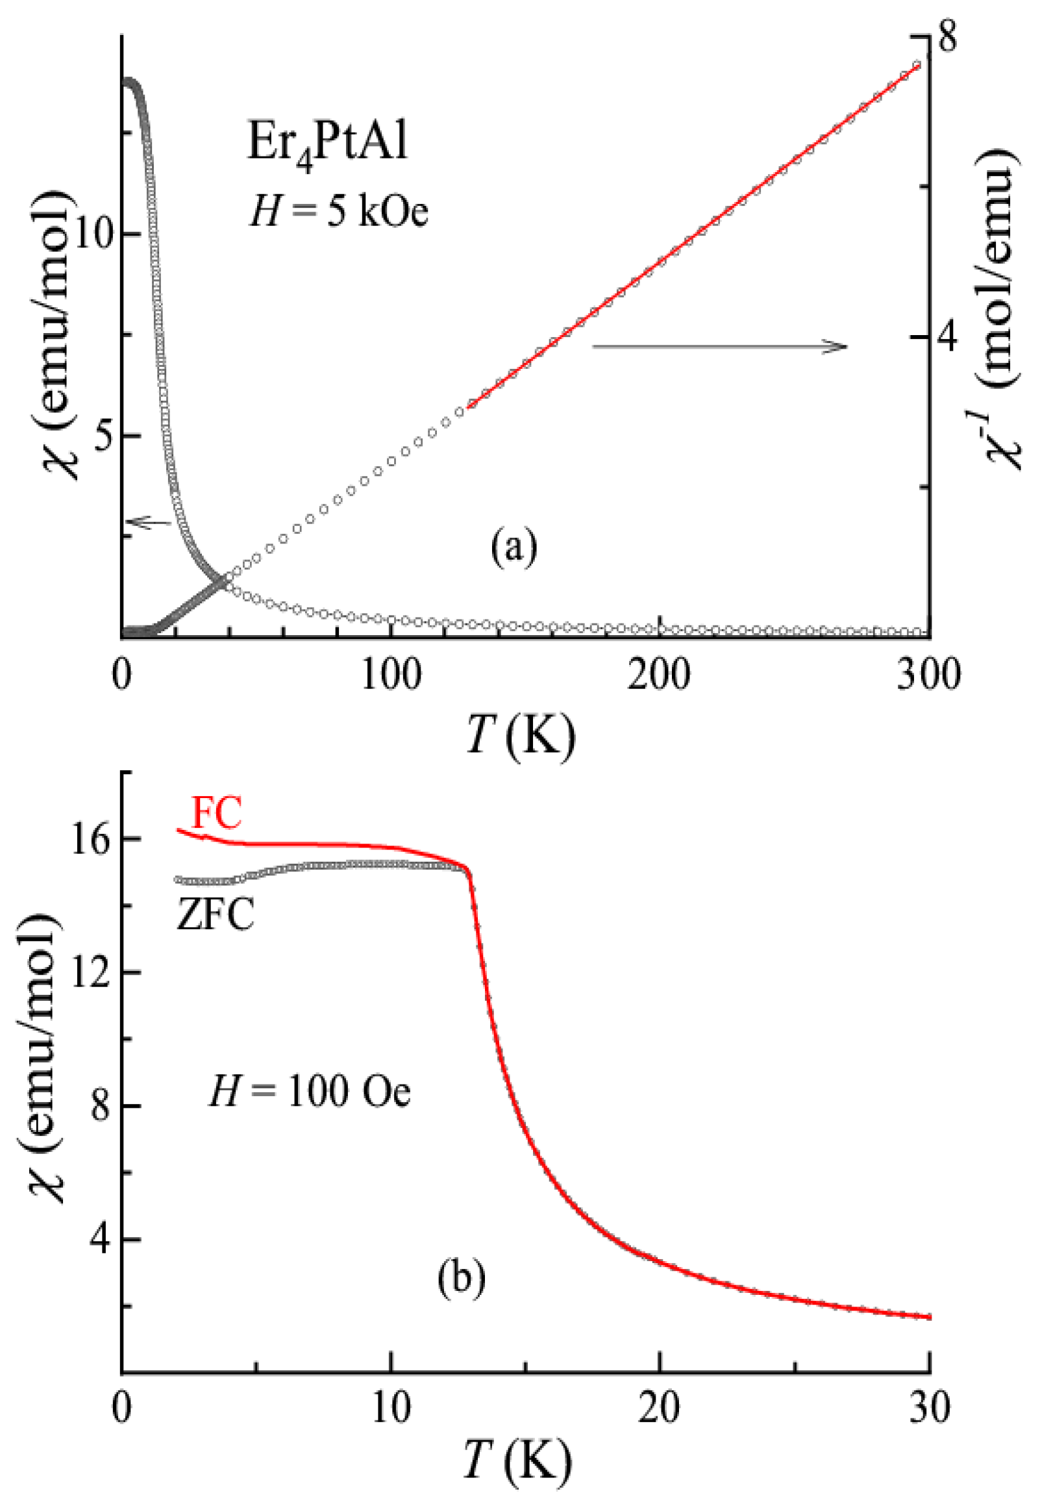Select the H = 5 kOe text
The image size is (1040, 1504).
click(339, 212)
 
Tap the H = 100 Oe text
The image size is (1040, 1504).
click(310, 1091)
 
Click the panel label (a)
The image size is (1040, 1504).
click(515, 547)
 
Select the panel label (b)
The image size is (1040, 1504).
click(462, 1279)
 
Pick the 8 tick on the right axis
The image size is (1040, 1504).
click(946, 38)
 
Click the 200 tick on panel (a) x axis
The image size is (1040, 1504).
click(660, 676)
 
